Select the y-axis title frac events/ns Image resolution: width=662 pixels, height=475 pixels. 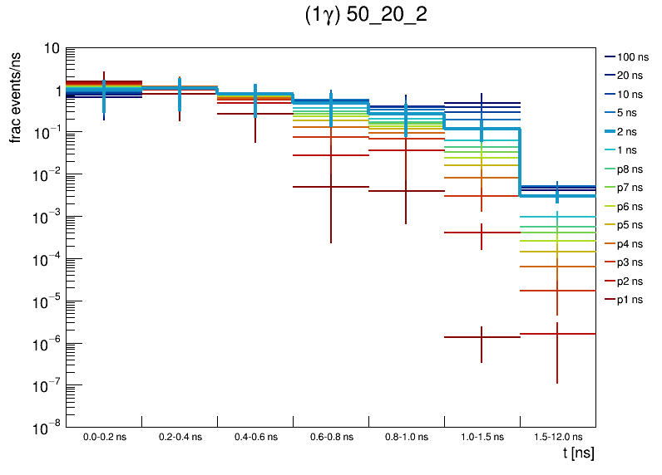point(16,94)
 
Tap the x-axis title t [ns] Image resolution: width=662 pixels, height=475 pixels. point(578,453)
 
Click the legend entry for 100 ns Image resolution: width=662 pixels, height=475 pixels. point(631,57)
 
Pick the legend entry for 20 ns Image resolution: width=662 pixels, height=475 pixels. point(631,76)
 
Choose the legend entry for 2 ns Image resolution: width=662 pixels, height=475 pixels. point(631,131)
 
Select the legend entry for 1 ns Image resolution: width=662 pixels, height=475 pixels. point(631,150)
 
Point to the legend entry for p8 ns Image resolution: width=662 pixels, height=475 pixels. point(631,169)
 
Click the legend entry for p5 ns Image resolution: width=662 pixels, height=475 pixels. point(631,224)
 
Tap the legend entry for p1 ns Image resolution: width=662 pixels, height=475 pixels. point(631,299)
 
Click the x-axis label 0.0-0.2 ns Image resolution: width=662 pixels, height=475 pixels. point(104,436)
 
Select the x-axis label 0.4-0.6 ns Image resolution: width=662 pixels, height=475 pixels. point(254,436)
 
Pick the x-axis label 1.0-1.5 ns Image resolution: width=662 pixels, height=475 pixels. point(482,436)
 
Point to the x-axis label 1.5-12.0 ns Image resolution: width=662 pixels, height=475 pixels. point(557,436)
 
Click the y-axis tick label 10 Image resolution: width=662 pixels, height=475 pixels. point(50,49)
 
